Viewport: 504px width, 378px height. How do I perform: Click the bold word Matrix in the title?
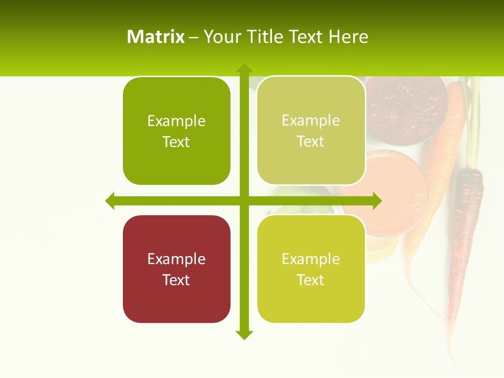click(x=155, y=37)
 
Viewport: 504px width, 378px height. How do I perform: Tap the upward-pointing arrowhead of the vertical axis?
click(x=244, y=68)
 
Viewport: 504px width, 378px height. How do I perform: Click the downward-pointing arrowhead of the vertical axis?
click(x=244, y=334)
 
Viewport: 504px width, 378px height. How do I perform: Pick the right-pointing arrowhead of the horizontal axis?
click(x=377, y=201)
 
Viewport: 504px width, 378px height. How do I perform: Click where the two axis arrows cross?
click(x=244, y=201)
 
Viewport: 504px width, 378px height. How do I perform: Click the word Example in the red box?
click(x=176, y=259)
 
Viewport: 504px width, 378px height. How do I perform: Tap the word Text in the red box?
click(x=176, y=280)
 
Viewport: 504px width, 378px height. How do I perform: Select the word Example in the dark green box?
click(x=176, y=121)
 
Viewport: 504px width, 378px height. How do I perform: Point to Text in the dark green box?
click(x=176, y=142)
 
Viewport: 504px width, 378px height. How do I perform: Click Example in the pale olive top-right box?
click(x=311, y=120)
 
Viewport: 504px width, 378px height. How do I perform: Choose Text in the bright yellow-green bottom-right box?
click(x=311, y=280)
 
